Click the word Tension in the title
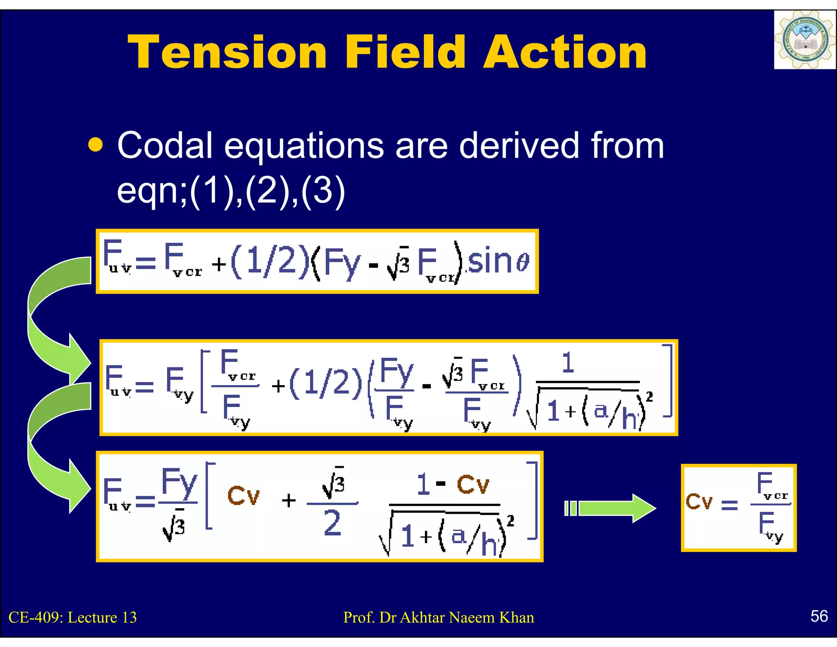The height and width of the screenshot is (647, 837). click(x=227, y=52)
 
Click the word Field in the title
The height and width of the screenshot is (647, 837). click(x=405, y=52)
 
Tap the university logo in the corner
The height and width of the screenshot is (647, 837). click(x=804, y=40)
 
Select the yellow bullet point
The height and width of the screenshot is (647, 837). click(x=95, y=145)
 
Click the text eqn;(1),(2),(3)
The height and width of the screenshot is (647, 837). click(x=231, y=190)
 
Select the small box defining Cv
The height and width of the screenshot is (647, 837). click(x=738, y=508)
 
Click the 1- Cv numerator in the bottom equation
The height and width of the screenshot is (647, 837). click(x=452, y=485)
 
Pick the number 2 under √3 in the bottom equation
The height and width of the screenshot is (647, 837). click(x=332, y=523)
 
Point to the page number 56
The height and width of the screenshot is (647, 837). click(x=819, y=616)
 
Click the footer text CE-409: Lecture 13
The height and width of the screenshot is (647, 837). click(x=72, y=617)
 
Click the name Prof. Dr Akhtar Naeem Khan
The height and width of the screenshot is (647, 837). click(x=438, y=617)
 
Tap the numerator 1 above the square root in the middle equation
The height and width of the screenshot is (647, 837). click(x=568, y=363)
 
